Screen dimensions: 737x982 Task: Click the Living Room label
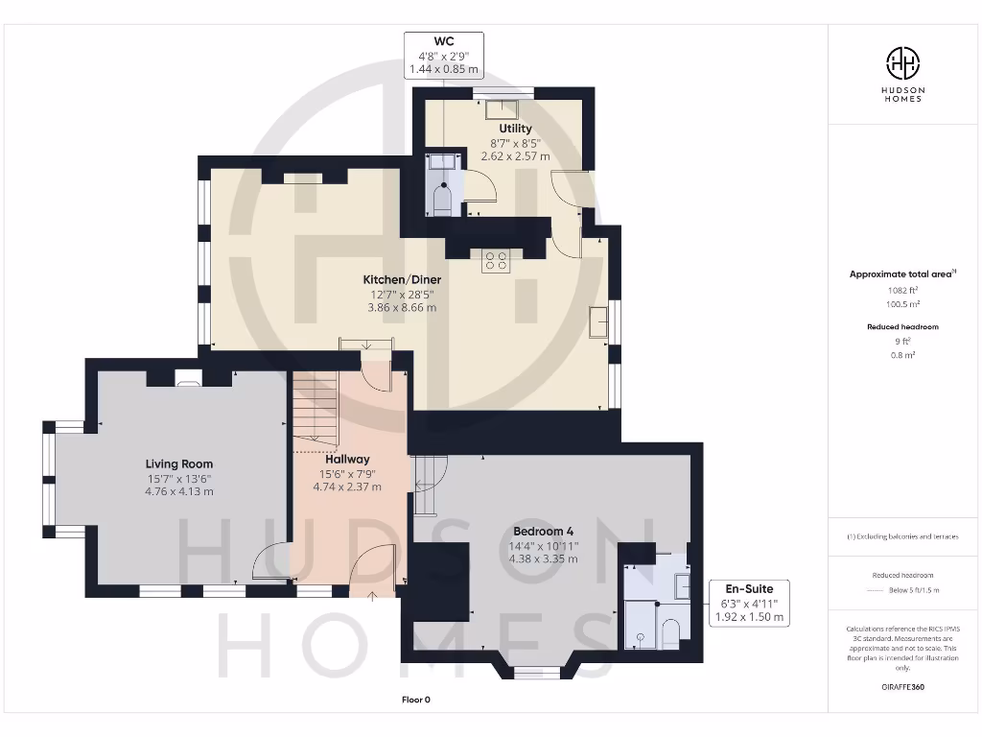(x=179, y=464)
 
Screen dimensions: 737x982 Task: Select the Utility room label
(x=515, y=128)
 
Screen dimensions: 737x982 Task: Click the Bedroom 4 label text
(x=545, y=532)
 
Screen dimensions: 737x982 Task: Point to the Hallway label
(x=346, y=459)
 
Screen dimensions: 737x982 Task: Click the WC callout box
(x=443, y=55)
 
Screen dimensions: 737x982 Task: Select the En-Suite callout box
(x=748, y=603)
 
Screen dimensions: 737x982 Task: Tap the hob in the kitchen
(x=496, y=261)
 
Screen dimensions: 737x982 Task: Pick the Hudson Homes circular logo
(x=902, y=64)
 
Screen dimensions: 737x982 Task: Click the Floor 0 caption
(x=415, y=700)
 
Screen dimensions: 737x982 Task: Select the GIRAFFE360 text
(x=902, y=687)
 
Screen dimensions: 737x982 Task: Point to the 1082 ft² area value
(x=901, y=289)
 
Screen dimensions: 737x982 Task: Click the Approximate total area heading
(x=901, y=273)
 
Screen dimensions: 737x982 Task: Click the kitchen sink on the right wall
(x=599, y=321)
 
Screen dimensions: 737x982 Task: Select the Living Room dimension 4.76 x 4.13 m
(x=179, y=491)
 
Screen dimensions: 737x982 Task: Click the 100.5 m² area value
(x=901, y=303)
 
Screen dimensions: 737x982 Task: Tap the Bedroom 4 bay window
(x=530, y=669)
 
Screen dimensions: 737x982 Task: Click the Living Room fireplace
(x=189, y=378)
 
